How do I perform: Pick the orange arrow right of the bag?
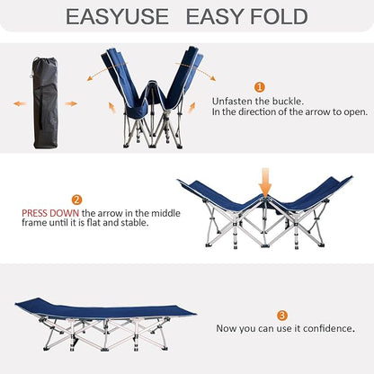(x=70, y=103)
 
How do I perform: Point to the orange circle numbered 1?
(x=260, y=87)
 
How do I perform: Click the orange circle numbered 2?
(x=77, y=200)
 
